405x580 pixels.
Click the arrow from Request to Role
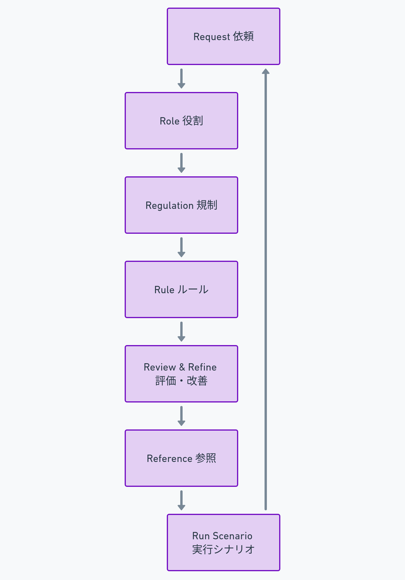181,78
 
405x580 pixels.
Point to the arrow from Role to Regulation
181,163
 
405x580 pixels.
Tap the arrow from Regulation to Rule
181,247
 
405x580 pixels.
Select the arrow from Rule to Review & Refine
181,331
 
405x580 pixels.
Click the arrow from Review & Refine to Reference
181,416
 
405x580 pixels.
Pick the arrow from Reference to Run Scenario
181,500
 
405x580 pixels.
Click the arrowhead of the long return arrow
266,71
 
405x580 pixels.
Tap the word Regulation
169,206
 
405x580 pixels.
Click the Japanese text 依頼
243,37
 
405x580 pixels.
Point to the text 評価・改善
181,381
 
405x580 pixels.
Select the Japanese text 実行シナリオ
223,550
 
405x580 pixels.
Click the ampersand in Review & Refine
182,367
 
